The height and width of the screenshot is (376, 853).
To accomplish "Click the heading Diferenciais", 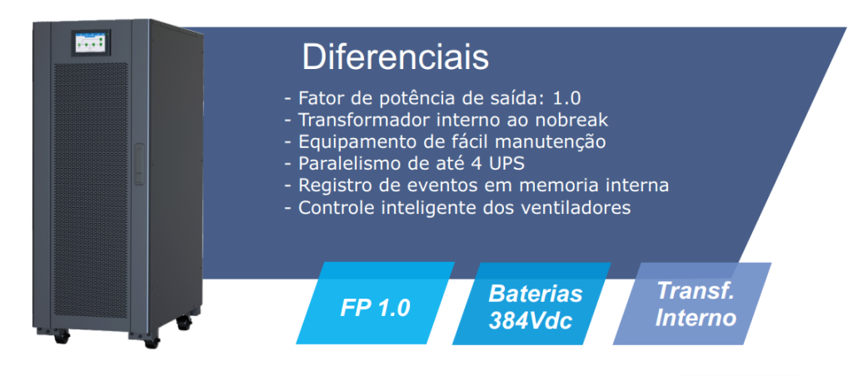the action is (396, 57).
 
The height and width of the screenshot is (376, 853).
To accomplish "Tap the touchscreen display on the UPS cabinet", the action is (91, 43).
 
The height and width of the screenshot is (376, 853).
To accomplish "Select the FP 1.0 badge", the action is (376, 303).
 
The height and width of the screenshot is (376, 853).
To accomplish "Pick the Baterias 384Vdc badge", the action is (531, 303).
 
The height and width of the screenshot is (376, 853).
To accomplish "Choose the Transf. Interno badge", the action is (692, 303).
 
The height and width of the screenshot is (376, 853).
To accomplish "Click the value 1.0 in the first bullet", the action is (566, 98).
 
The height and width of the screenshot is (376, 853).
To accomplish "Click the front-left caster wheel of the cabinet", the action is (62, 336).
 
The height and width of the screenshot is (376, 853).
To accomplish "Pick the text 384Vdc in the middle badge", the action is (531, 320).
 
